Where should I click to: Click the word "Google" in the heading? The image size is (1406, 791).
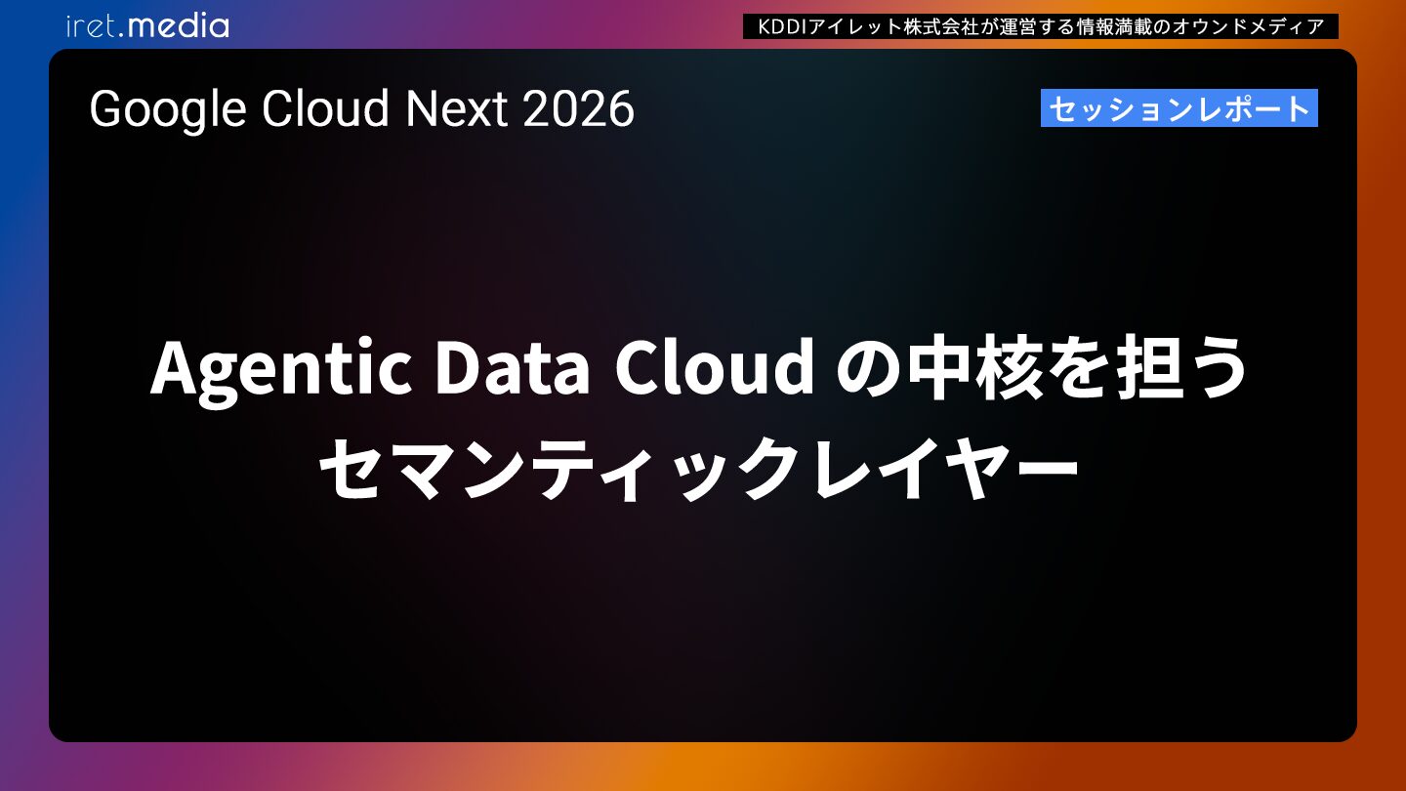click(x=168, y=109)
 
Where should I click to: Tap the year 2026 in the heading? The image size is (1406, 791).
click(x=578, y=109)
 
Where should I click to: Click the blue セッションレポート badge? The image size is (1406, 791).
click(x=1179, y=108)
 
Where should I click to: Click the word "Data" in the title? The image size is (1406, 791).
click(x=513, y=366)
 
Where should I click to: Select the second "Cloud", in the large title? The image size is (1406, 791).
click(x=715, y=366)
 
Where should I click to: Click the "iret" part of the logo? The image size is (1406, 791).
click(x=93, y=26)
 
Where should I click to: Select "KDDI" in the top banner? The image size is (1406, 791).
click(x=783, y=26)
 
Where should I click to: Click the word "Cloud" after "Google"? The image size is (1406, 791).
click(x=325, y=109)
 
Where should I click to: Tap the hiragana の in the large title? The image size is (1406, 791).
click(x=867, y=368)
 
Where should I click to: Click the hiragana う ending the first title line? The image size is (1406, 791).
click(x=1216, y=366)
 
